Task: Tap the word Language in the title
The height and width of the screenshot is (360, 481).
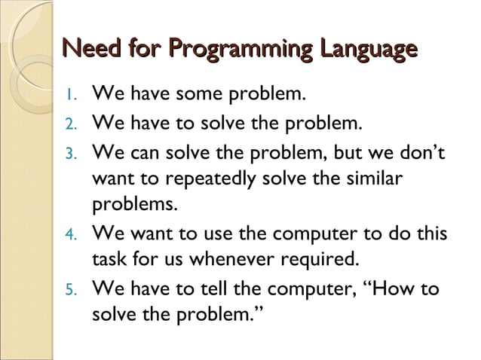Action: coord(366,50)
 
